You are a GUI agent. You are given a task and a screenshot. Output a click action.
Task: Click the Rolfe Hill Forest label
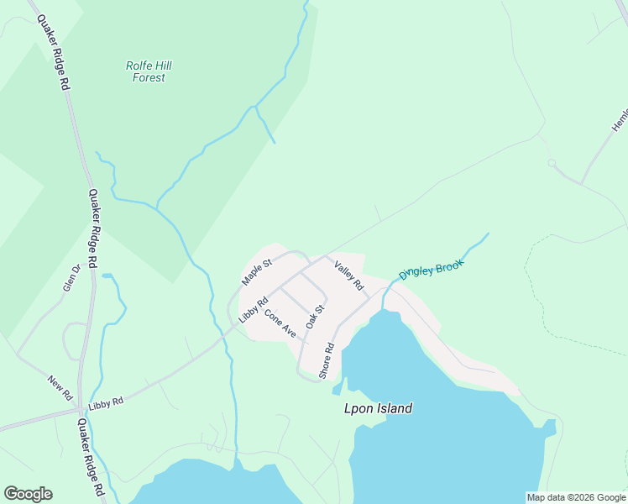coord(149,71)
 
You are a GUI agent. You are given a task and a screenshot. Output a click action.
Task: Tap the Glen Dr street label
coord(71,278)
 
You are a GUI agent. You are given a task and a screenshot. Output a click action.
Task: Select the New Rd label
coord(60,387)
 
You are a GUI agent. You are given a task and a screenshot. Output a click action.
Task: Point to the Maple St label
coord(257,271)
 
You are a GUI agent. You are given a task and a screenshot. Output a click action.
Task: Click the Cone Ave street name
coord(280,324)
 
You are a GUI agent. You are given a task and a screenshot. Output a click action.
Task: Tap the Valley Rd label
coord(348,277)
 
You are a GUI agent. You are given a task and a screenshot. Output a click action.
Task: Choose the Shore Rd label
coord(327,360)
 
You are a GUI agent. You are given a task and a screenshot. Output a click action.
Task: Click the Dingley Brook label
coord(431,269)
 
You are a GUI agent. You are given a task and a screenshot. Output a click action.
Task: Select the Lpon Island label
coord(379,409)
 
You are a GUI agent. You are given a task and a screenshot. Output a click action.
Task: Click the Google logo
coord(28,494)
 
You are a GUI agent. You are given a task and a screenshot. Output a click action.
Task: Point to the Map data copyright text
coord(576,497)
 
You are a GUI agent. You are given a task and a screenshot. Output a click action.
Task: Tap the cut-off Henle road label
coord(620,118)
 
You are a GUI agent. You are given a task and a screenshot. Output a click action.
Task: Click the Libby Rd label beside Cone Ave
coord(253,309)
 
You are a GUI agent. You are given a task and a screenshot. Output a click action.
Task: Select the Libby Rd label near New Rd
coord(106,402)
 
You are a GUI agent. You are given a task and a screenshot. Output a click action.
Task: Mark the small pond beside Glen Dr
coord(107,275)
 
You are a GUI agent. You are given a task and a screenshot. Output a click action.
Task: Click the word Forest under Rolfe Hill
coord(149,78)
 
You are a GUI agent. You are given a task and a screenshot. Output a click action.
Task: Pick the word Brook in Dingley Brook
coord(448,265)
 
